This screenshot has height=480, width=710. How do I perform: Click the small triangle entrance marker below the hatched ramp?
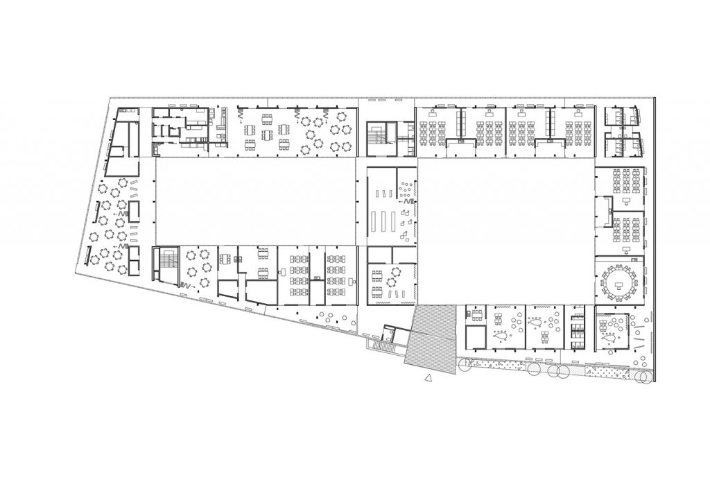[x=428, y=378]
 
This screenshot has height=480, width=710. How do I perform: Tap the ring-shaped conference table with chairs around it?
[x=618, y=280]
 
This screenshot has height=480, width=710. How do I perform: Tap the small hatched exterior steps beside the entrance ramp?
[x=383, y=344]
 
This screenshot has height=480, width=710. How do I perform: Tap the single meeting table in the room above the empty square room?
[x=476, y=315]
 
